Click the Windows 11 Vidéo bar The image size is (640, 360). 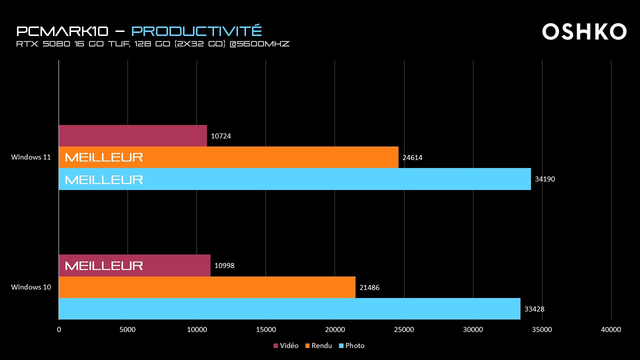(132, 136)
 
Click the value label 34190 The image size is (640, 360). (544, 179)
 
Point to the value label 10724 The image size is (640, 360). (221, 136)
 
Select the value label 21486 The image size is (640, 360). (369, 287)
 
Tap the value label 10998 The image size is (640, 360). (224, 265)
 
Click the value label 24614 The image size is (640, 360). (412, 157)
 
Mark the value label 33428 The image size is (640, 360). (534, 309)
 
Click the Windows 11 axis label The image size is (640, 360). (31, 157)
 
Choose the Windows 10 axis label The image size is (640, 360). (31, 287)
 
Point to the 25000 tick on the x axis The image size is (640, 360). (404, 329)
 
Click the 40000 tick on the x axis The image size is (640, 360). (611, 329)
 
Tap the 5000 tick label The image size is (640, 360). (127, 329)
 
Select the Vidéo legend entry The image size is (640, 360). (286, 345)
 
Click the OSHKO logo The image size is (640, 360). (584, 31)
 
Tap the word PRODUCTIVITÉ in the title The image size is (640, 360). (196, 31)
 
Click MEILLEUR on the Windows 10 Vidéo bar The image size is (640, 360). (104, 265)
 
